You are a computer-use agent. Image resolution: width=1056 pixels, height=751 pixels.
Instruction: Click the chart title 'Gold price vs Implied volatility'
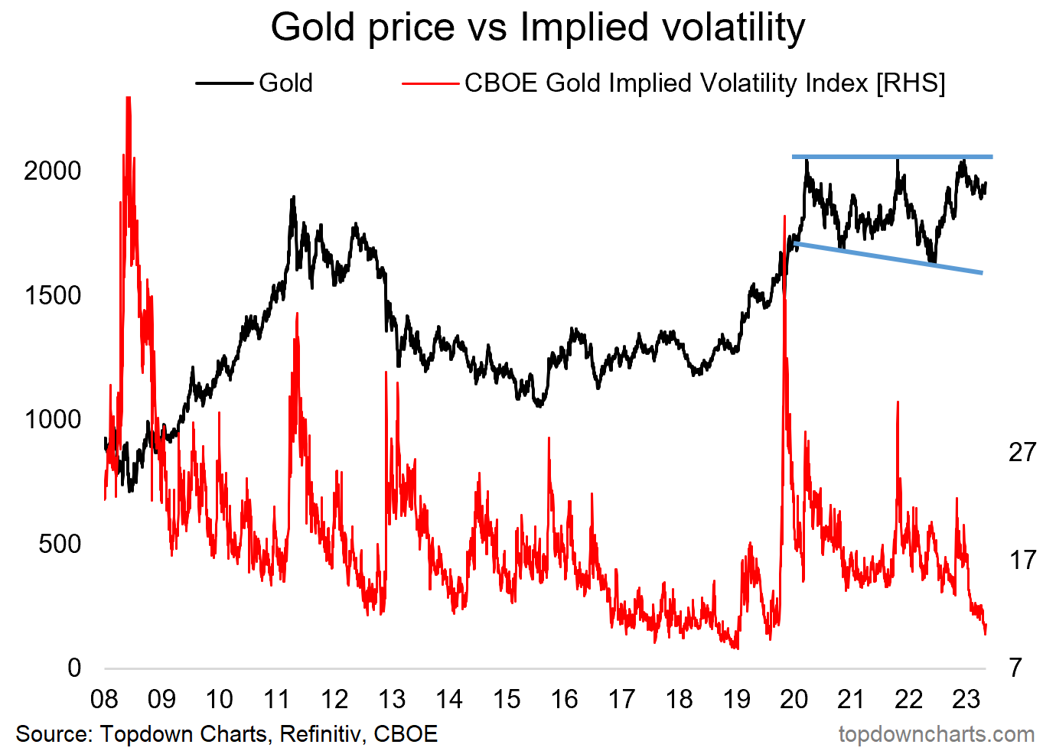point(537,28)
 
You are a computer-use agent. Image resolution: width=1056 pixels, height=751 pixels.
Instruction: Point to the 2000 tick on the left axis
point(52,171)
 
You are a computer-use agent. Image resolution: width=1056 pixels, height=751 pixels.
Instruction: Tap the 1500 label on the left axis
point(52,295)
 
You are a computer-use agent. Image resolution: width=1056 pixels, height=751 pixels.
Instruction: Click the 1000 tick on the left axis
point(52,419)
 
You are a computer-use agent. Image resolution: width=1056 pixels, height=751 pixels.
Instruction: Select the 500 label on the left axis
point(60,544)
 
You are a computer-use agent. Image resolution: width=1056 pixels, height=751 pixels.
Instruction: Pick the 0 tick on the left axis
point(74,668)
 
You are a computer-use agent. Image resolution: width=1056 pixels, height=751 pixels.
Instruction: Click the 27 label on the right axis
point(1022,452)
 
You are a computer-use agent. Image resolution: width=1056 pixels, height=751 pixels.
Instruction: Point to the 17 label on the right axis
point(1022,560)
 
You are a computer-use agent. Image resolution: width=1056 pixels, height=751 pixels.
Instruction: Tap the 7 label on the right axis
point(1015,668)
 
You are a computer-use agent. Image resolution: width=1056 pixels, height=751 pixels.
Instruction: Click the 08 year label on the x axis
point(104,699)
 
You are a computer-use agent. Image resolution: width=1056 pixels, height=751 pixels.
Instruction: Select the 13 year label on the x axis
point(392,699)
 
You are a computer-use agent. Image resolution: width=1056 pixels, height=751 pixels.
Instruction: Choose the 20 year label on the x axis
point(794,699)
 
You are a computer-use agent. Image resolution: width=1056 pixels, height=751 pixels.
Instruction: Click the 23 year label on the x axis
point(966,699)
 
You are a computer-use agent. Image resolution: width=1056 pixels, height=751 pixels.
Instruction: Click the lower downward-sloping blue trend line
point(888,258)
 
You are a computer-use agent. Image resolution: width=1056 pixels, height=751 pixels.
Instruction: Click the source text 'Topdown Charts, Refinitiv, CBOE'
point(269,734)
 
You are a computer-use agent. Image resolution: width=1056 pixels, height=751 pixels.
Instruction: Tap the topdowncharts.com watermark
point(936,734)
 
